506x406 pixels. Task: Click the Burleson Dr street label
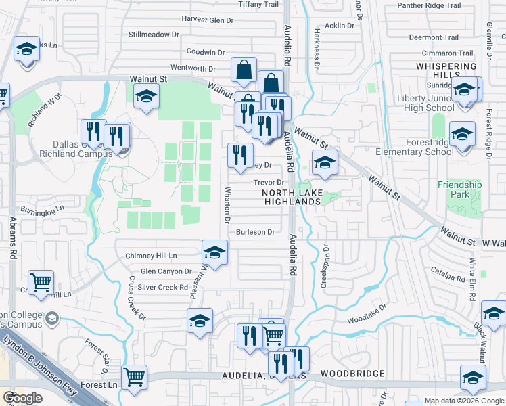(x=255, y=232)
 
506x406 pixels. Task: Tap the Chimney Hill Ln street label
(x=151, y=256)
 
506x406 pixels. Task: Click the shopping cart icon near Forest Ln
(x=135, y=376)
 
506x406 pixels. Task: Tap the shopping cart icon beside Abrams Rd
(x=41, y=281)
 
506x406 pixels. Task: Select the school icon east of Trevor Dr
(x=325, y=162)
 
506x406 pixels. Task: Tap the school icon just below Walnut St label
(x=145, y=96)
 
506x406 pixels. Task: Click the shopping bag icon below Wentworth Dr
(x=244, y=69)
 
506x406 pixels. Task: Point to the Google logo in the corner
(x=23, y=398)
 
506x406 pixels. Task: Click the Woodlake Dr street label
(x=367, y=312)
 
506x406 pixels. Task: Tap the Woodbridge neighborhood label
(x=352, y=374)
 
